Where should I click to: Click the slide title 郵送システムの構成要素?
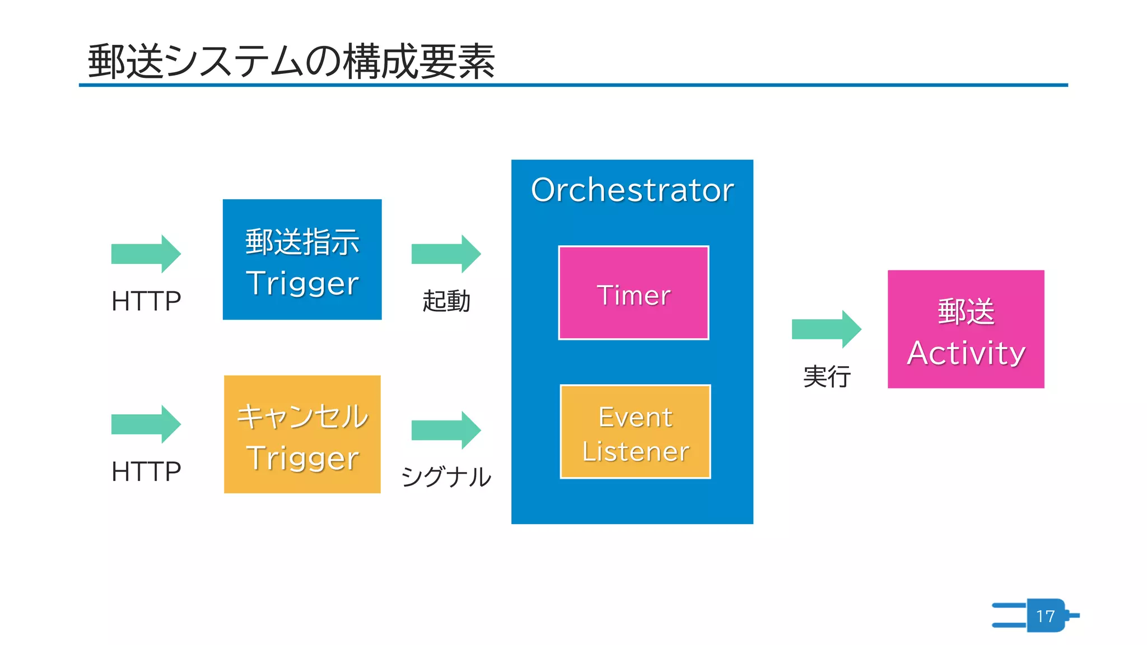pyautogui.click(x=291, y=60)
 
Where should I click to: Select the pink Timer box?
pyautogui.click(x=633, y=293)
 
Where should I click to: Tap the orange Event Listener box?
pyautogui.click(x=635, y=432)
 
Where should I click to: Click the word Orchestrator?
pyautogui.click(x=632, y=190)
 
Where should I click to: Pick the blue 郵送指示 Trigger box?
pyautogui.click(x=302, y=259)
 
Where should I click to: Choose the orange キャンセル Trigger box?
pyautogui.click(x=302, y=434)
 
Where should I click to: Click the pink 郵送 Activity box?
pyautogui.click(x=966, y=329)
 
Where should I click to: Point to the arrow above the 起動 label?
pyautogui.click(x=446, y=254)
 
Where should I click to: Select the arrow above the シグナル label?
pyautogui.click(x=446, y=430)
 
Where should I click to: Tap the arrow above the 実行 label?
pyautogui.click(x=826, y=329)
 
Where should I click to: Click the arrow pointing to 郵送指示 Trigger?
pyautogui.click(x=146, y=254)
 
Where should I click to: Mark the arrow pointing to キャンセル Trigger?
pyautogui.click(x=146, y=424)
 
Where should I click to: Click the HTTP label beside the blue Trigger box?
pyautogui.click(x=146, y=301)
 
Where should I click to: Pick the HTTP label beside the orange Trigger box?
pyautogui.click(x=146, y=471)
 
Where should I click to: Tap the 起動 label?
pyautogui.click(x=446, y=301)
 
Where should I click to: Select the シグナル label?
pyautogui.click(x=446, y=477)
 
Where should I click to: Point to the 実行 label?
pyautogui.click(x=827, y=376)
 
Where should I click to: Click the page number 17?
pyautogui.click(x=1045, y=616)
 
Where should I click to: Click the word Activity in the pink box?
pyautogui.click(x=966, y=353)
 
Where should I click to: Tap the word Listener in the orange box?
pyautogui.click(x=635, y=451)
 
